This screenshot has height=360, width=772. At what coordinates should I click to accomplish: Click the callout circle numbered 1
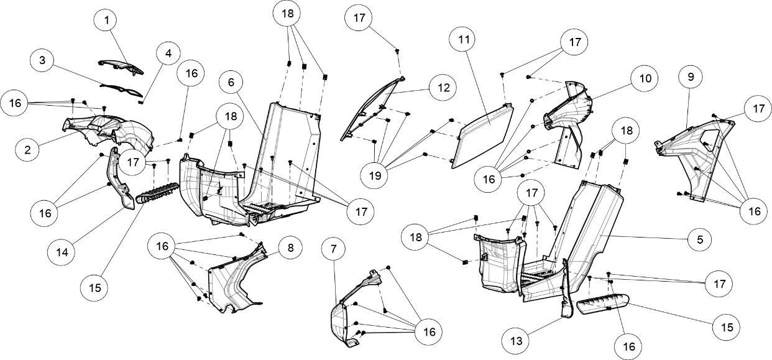[106, 21]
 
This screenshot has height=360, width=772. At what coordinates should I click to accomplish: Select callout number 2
[27, 150]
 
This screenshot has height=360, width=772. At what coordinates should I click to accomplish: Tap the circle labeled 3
[42, 60]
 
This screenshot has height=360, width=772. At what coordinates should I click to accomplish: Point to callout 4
[168, 53]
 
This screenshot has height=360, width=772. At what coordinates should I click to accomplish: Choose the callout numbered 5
[700, 239]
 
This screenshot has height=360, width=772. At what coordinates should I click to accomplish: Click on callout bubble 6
[231, 82]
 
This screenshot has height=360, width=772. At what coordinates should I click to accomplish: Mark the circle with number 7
[333, 249]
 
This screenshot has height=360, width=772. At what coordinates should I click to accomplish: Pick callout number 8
[290, 248]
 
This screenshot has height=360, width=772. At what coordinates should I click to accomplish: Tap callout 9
[690, 77]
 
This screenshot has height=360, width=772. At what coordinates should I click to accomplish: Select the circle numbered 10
[645, 78]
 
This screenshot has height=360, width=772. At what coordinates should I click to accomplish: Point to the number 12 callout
[443, 88]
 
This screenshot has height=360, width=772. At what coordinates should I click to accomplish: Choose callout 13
[515, 341]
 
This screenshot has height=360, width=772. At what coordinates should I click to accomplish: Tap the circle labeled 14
[62, 252]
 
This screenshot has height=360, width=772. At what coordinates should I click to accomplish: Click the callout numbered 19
[374, 176]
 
